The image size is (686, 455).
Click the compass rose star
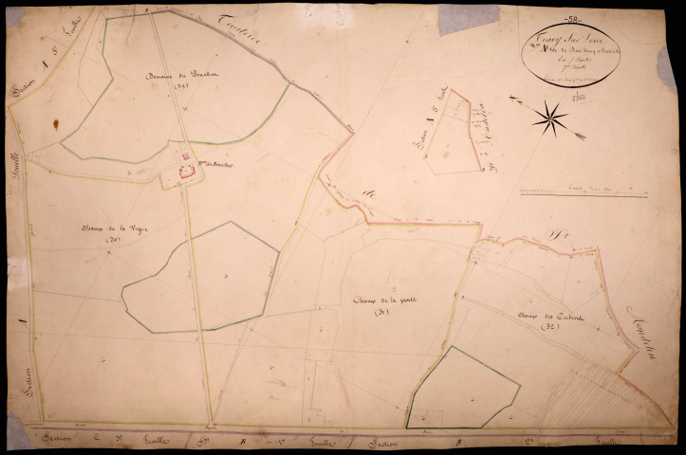coord(549,118)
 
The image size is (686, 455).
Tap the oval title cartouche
coord(570,52)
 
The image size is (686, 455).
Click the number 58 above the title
coord(571,17)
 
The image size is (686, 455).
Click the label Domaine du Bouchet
coord(170,76)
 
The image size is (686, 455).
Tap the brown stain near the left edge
coord(56,124)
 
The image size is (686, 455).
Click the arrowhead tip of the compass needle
coord(581,137)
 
